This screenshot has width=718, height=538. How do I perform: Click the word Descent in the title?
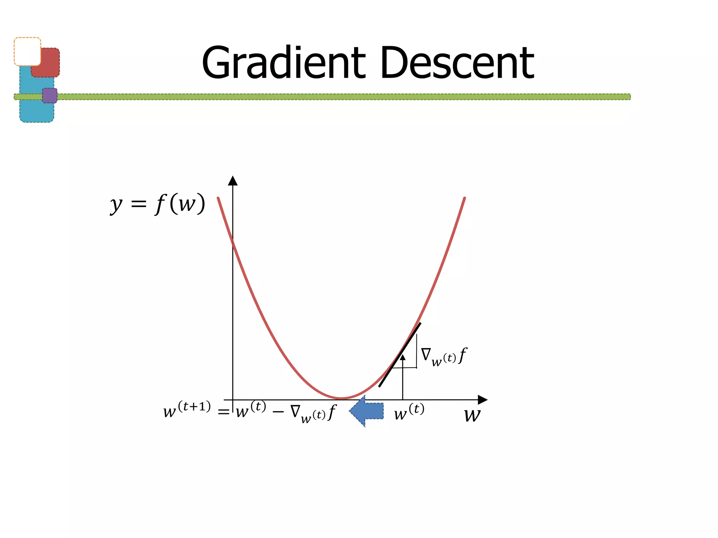457,63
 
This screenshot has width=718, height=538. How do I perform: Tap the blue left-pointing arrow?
366,411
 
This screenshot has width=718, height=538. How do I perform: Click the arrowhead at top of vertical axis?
233,180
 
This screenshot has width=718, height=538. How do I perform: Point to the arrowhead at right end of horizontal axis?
483,400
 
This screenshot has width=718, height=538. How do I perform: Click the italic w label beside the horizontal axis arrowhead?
472,415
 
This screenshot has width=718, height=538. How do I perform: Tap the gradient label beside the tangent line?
444,357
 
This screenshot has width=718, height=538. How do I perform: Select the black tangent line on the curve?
400,355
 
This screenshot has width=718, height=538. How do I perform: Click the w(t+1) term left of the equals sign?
187,409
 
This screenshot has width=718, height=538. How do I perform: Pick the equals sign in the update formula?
224,412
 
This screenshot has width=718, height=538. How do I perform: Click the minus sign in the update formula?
278,412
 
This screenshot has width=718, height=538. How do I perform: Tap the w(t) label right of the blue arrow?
409,412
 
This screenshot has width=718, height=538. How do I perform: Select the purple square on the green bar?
50,96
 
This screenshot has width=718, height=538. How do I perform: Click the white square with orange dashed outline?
27,51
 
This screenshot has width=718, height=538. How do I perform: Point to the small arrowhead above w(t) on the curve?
403,357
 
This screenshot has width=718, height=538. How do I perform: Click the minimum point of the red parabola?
342,398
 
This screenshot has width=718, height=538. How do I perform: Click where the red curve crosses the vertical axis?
233,241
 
